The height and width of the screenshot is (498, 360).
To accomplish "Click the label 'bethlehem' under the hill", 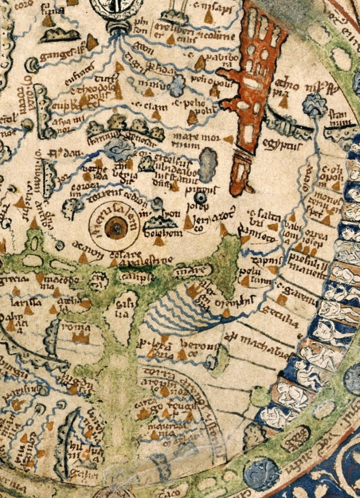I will [x=157, y=233].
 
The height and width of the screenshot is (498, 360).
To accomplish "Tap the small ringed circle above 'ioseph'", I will [x=200, y=197].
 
